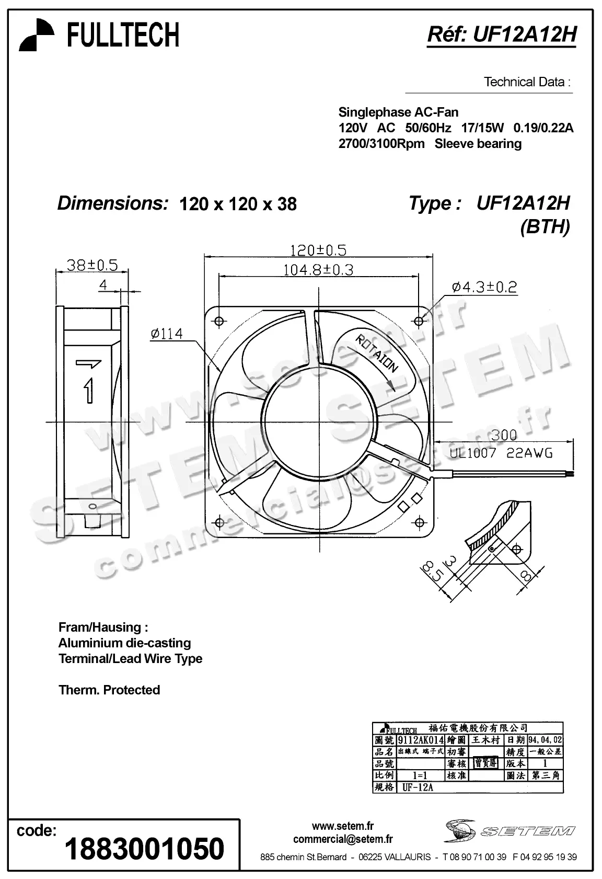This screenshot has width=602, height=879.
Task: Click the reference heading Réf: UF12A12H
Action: pos(502,35)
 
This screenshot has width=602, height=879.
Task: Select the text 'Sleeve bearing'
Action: pos(478,144)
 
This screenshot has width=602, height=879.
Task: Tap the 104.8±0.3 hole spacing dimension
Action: pos(318,270)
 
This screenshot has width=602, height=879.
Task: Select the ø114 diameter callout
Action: pos(167,334)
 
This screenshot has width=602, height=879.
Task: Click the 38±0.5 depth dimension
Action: pos(92,265)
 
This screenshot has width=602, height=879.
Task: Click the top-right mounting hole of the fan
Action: pos(419,321)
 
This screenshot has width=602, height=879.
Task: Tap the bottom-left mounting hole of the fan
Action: pos(218,522)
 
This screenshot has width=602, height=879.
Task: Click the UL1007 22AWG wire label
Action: pos(501,453)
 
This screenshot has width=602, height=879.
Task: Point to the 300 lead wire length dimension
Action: pos(503,435)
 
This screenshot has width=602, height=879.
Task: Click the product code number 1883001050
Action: pos(144,849)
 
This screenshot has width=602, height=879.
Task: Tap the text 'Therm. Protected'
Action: pos(109,690)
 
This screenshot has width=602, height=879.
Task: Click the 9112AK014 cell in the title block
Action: pos(420,740)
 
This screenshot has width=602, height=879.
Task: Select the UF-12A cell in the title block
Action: pos(418,787)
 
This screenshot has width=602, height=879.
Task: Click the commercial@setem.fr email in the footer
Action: pos(342,839)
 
